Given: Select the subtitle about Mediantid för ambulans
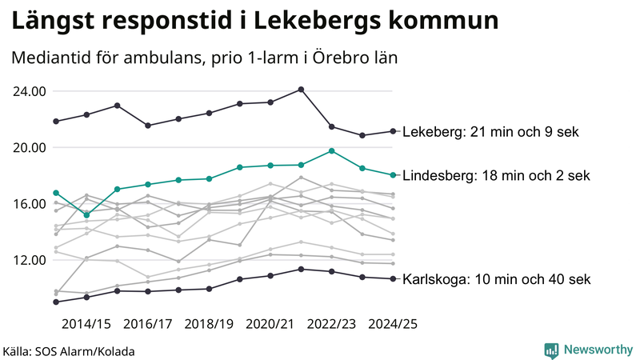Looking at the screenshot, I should coord(204,58).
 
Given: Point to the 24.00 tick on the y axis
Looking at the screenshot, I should coord(29,91).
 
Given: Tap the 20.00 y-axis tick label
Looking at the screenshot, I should coord(29,147).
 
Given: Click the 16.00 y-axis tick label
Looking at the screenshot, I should coord(29,204).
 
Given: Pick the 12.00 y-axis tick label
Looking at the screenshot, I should coord(29,260).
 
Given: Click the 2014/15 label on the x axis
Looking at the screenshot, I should coord(86,324).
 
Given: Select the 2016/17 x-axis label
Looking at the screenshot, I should coord(148,324).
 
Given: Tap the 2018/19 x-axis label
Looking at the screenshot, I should coord(209,324).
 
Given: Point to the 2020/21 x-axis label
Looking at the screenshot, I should coord(270,324).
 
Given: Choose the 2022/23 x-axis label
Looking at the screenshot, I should coord(331,324).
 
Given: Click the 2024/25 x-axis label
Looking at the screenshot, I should coord(392,324).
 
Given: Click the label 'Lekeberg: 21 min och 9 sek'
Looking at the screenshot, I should coord(490,132).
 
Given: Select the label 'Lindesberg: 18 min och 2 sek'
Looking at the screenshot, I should coord(495,175).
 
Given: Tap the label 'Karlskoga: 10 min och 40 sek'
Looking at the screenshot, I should coord(496,279).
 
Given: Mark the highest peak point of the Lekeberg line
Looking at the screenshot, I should coord(301,90).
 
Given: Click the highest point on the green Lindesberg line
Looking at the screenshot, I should coord(331,150).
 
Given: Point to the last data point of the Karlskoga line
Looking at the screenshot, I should coord(392,278).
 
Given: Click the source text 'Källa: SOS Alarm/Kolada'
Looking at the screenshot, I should coord(69,351).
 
